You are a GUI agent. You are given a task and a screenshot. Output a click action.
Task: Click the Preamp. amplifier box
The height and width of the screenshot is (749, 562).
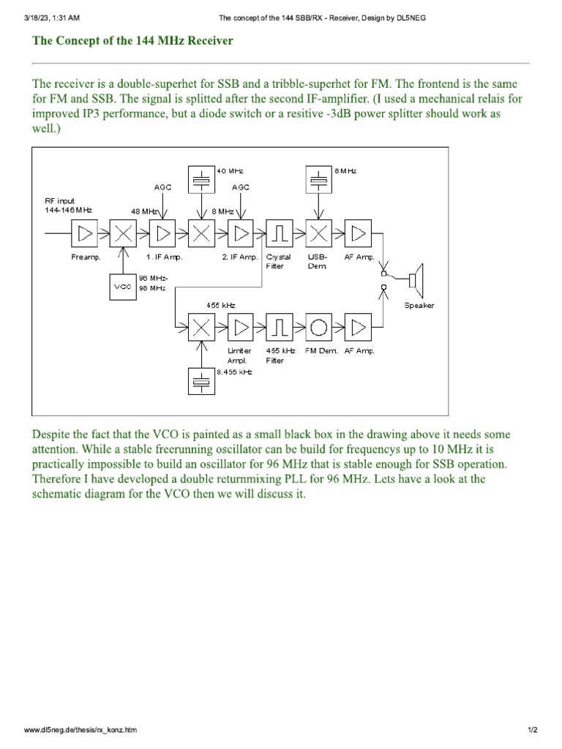[x=84, y=234]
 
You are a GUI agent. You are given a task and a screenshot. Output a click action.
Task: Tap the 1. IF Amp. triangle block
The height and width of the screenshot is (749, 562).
[x=162, y=234]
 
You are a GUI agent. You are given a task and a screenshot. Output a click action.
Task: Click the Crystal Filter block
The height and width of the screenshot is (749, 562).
[x=280, y=234]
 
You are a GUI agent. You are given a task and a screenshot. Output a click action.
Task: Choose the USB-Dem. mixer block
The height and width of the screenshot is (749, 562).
[x=318, y=234]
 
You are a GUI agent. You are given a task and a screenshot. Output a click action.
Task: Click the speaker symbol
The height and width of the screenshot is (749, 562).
[x=415, y=279]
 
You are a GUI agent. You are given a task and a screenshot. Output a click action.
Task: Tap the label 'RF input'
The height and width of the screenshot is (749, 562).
[x=60, y=200]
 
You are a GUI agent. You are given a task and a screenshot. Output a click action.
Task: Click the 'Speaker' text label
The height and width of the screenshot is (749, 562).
[x=419, y=305]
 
